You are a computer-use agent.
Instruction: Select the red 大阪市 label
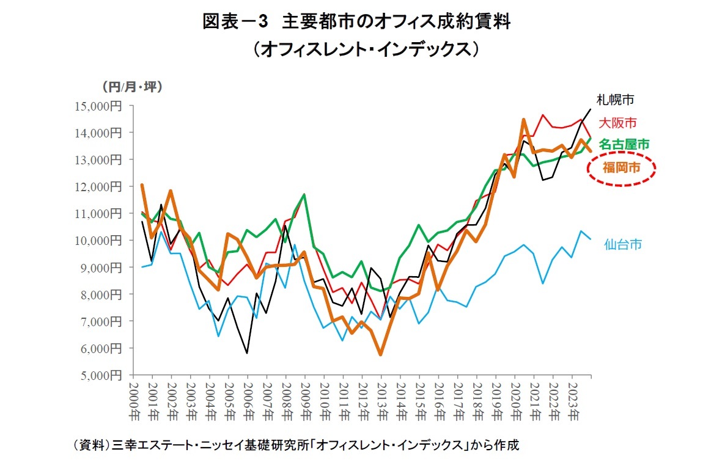(619, 122)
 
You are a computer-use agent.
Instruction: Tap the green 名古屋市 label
(624, 144)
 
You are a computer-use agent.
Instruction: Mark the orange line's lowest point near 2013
(380, 354)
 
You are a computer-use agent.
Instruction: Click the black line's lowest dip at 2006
(247, 353)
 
